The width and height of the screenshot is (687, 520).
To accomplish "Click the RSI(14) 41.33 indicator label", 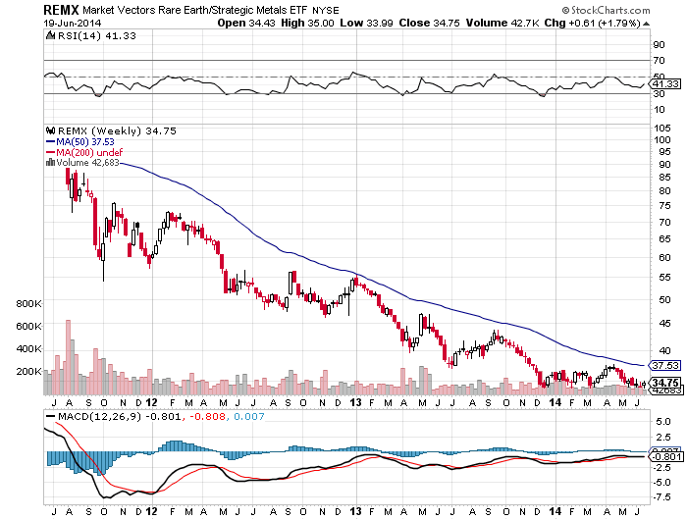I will click(77, 35).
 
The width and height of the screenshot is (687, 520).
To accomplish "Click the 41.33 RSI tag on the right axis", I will click(665, 85).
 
